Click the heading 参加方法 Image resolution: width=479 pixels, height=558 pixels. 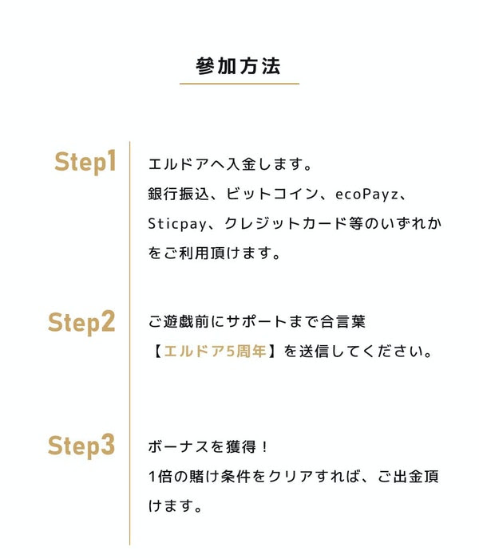(239, 66)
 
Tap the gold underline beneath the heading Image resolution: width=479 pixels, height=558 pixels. (239, 84)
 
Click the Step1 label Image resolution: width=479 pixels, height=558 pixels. (85, 162)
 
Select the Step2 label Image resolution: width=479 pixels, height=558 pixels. (81, 322)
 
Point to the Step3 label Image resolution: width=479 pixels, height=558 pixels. (81, 446)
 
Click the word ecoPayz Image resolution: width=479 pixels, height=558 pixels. (366, 195)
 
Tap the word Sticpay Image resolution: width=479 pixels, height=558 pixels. (177, 224)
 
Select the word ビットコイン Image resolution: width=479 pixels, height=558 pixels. (271, 194)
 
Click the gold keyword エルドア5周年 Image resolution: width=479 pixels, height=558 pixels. (216, 352)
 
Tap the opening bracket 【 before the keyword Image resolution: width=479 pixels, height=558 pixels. (156, 352)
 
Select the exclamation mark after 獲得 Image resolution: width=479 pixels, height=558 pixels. (264, 446)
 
